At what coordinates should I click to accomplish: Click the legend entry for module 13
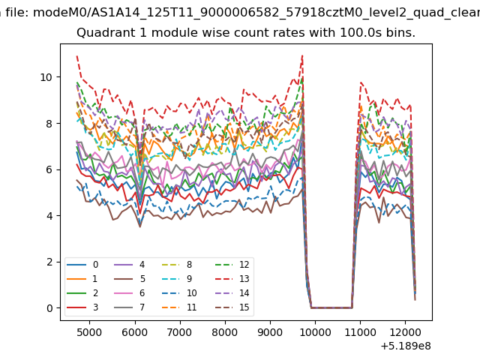pos(232,279)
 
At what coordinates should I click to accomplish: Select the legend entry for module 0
pos(82,265)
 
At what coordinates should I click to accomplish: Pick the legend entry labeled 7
pos(129,307)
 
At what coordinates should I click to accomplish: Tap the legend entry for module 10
pos(179,293)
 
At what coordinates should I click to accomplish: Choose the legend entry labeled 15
pos(232,307)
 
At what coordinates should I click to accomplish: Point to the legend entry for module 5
pos(129,279)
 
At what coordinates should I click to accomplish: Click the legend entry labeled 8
pos(177,265)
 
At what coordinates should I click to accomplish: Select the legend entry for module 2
pos(82,293)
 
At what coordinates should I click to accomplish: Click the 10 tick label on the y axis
pos(46,77)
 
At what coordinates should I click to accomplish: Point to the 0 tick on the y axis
pos(49,308)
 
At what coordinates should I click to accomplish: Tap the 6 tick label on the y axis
pos(49,170)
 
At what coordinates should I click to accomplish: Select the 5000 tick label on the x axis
pos(89,332)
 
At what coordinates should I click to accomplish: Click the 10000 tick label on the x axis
pos(315,332)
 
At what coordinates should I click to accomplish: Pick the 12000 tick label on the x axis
pos(406,332)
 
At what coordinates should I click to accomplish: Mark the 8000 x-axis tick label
pos(225,332)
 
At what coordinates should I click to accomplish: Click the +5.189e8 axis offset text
pos(406,346)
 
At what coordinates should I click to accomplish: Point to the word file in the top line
pos(18,13)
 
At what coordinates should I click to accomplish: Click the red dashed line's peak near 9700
pos(302,55)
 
